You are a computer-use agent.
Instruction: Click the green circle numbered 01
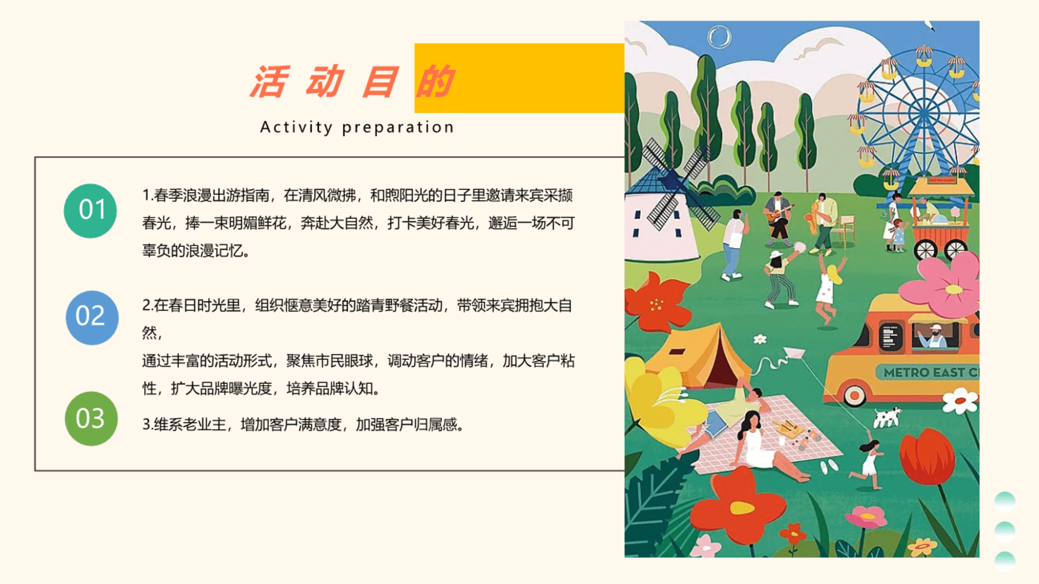click(x=90, y=210)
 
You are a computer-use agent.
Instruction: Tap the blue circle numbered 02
click(x=92, y=317)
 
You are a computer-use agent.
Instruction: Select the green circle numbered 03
click(x=91, y=419)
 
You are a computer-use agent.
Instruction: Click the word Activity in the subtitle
click(x=296, y=128)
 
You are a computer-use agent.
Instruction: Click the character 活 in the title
click(x=269, y=82)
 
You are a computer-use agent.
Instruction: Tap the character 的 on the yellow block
click(x=435, y=82)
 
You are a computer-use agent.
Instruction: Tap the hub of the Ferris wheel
click(x=923, y=115)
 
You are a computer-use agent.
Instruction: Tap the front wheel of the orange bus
click(x=854, y=395)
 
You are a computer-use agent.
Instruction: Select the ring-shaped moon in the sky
click(x=719, y=37)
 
